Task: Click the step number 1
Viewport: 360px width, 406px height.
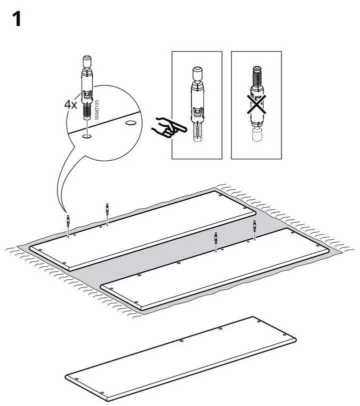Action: point(16,20)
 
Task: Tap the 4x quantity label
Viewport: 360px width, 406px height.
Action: point(70,105)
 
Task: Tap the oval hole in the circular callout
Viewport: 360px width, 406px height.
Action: point(130,122)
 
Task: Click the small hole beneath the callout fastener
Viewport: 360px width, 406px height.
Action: point(87,135)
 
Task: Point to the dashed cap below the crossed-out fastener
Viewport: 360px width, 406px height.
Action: point(257,134)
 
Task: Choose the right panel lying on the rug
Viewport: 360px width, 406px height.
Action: point(215,270)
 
